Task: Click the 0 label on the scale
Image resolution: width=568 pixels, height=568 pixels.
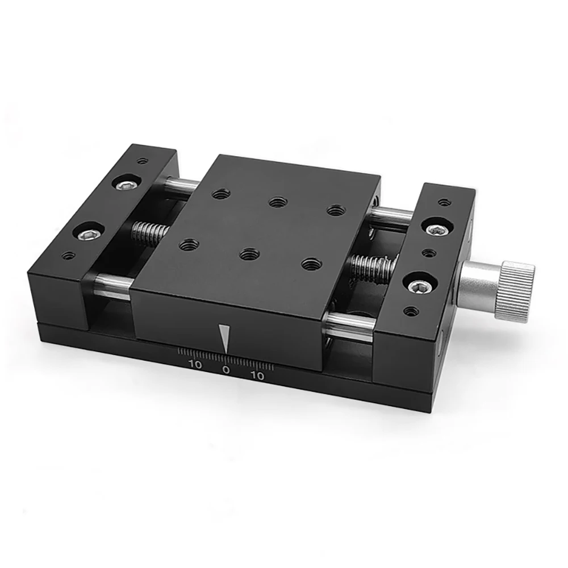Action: tap(226, 370)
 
